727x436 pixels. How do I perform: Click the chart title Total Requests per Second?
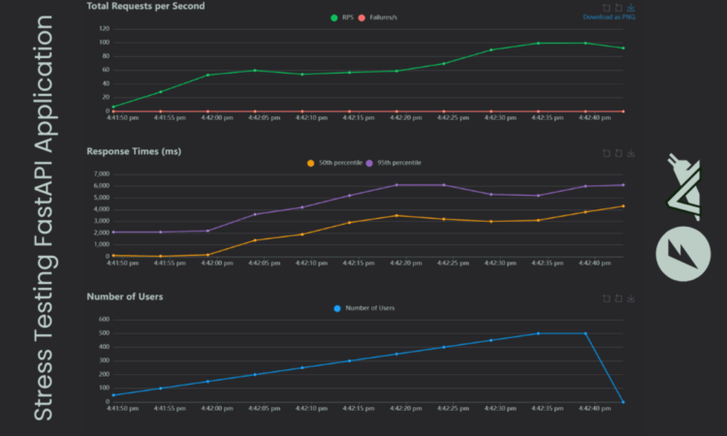point(145,6)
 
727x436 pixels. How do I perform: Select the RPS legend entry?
point(341,16)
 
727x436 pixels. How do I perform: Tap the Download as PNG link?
point(608,16)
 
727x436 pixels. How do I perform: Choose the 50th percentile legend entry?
point(334,162)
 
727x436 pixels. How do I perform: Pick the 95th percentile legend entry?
point(396,162)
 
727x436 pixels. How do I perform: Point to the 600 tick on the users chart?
point(102,320)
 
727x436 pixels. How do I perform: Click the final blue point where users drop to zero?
point(622,401)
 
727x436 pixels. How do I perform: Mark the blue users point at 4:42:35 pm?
point(538,333)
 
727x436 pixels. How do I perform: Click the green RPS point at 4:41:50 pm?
point(113,107)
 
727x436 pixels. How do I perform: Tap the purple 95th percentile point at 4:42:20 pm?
point(395,185)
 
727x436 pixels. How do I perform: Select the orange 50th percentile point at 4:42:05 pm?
point(255,240)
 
